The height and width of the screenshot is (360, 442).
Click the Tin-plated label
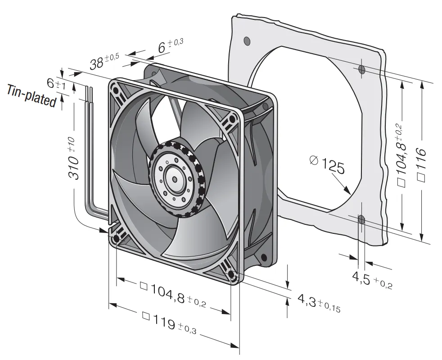(31, 96)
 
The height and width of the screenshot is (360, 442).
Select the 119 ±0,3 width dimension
(169, 324)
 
